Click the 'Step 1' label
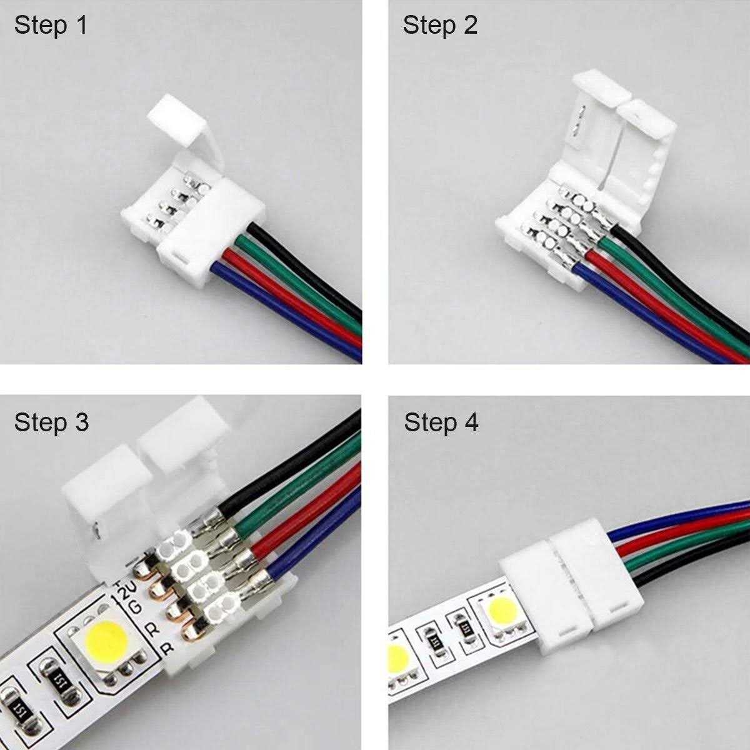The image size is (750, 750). point(51,26)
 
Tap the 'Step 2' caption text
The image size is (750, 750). point(440,26)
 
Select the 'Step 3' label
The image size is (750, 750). point(52,422)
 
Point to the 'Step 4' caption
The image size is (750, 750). point(441,422)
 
